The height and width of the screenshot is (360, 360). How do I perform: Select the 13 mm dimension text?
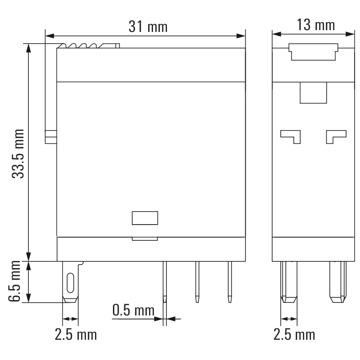pos(316,25)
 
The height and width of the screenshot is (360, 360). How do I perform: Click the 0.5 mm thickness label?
pos(133,310)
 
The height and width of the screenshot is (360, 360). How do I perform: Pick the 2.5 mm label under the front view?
pos(76,334)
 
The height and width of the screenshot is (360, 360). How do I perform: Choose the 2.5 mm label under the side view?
pos(294,334)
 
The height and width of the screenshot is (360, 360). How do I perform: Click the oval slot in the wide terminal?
pos(70,282)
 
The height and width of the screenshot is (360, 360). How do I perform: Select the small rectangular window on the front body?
pos(145,218)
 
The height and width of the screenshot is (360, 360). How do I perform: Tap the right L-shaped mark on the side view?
pos(336,135)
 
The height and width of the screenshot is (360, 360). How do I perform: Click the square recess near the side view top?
pos(313,93)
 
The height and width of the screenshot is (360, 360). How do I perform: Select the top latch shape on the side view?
pos(313,52)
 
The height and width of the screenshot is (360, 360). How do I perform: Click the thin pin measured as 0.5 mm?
pos(165,281)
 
